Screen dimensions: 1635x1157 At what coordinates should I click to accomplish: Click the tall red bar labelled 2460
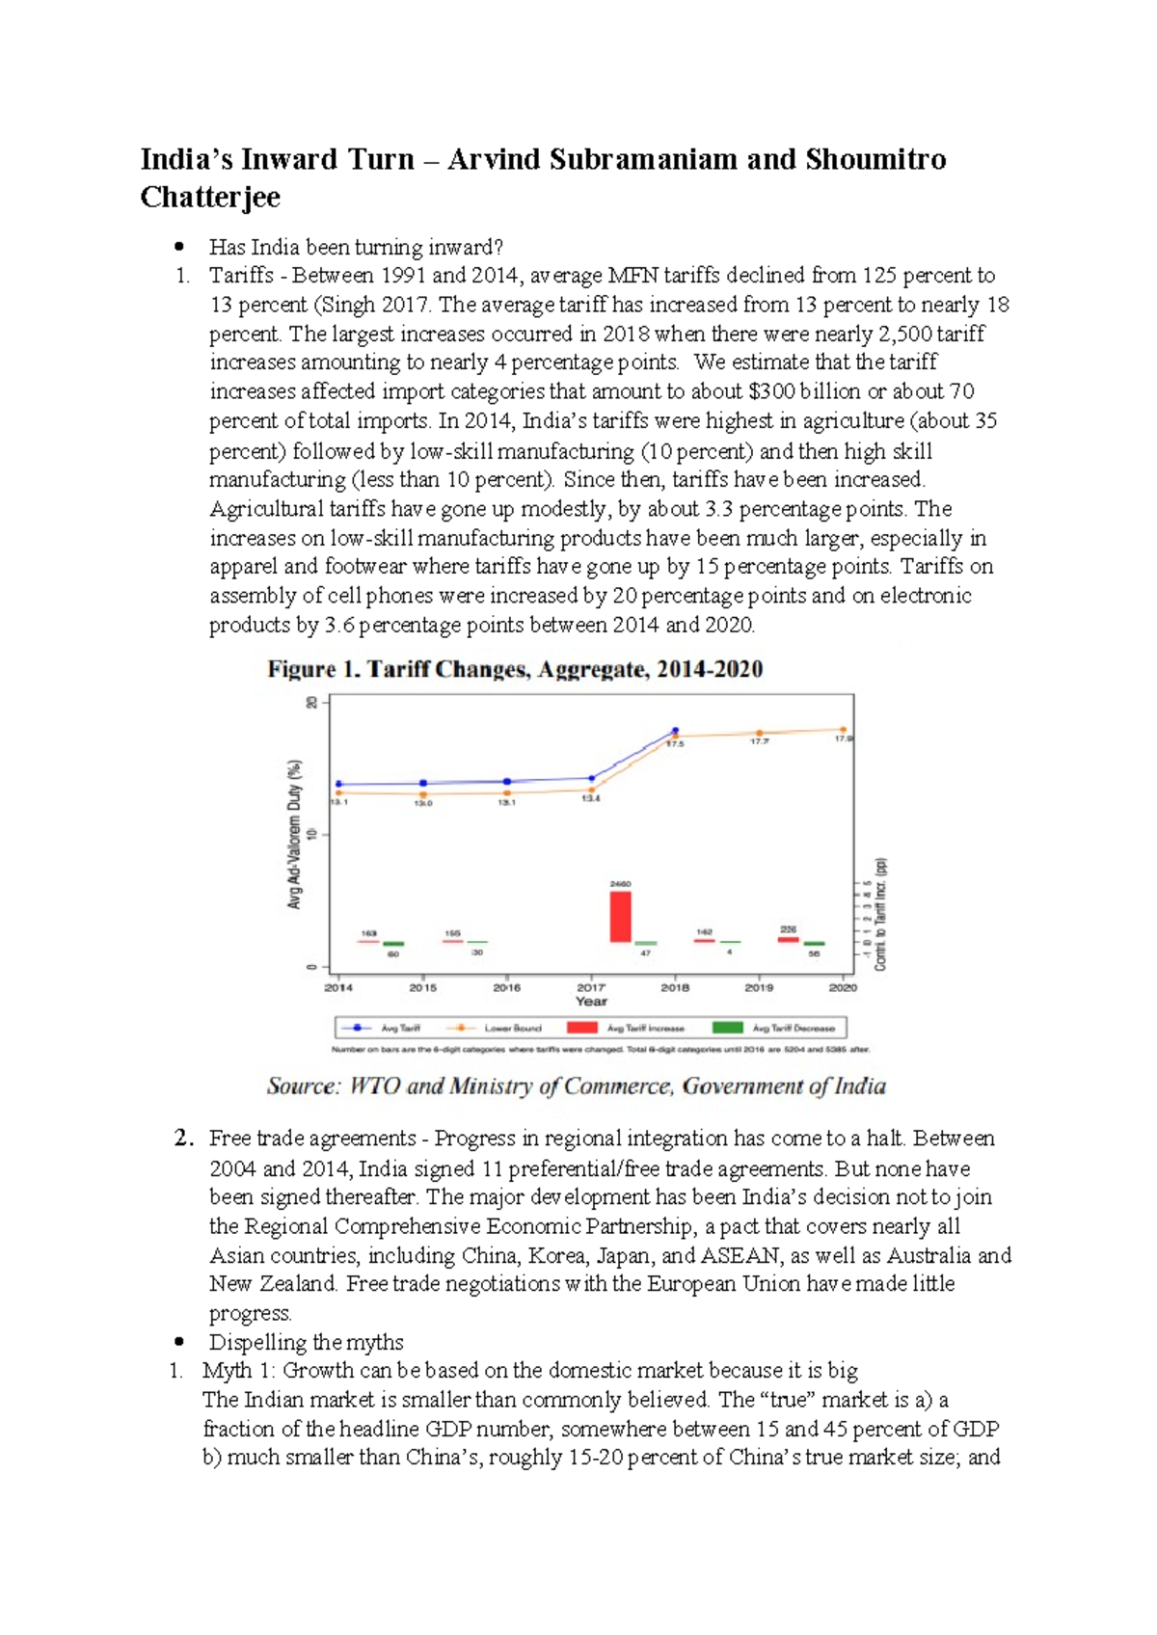(x=620, y=916)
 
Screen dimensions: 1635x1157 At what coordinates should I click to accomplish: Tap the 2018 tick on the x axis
(x=675, y=987)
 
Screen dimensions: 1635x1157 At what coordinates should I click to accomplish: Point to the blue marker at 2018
(x=675, y=731)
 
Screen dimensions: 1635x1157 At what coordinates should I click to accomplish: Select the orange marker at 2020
(x=843, y=730)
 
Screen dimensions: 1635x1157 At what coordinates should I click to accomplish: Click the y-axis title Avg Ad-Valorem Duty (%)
(x=295, y=834)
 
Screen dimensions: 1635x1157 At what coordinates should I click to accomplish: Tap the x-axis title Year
(x=591, y=1002)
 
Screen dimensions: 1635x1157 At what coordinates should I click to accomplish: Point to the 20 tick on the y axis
(x=311, y=703)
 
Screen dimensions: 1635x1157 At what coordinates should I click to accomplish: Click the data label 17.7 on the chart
(x=759, y=741)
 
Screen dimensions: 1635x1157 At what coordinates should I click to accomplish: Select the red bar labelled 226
(x=788, y=938)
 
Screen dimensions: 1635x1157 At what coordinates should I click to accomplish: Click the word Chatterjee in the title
(x=210, y=198)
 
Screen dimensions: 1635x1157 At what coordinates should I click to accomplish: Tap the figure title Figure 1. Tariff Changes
(x=515, y=669)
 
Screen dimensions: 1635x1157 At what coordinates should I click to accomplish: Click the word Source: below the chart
(x=304, y=1086)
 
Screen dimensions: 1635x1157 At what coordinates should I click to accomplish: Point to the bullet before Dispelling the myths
(x=179, y=1342)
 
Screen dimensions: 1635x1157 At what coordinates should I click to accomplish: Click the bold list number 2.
(x=183, y=1139)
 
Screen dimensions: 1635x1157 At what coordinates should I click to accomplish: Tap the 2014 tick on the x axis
(x=338, y=987)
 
